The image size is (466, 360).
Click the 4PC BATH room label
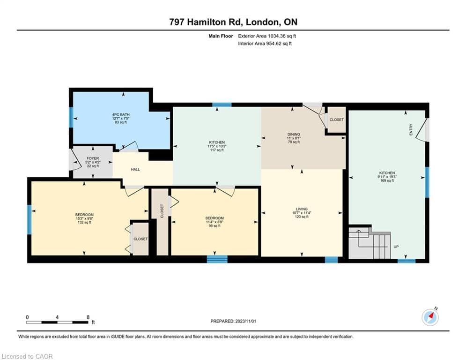coord(121,114)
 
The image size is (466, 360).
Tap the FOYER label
coord(93,158)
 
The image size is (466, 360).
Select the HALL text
coord(135,169)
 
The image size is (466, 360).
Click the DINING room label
coord(294,134)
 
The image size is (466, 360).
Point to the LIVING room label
coord(301,209)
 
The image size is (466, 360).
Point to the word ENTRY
coord(411,130)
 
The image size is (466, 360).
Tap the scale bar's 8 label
coord(88,317)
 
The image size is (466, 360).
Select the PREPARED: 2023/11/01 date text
coord(233,321)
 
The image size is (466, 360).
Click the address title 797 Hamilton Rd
coord(206,22)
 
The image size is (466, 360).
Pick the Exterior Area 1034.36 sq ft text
coord(267,36)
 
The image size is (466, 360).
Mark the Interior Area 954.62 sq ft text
coord(265,44)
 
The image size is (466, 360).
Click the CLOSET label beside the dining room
coord(336,120)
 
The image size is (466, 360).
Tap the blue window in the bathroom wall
coord(71,117)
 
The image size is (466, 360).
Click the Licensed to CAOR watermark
coord(27,356)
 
